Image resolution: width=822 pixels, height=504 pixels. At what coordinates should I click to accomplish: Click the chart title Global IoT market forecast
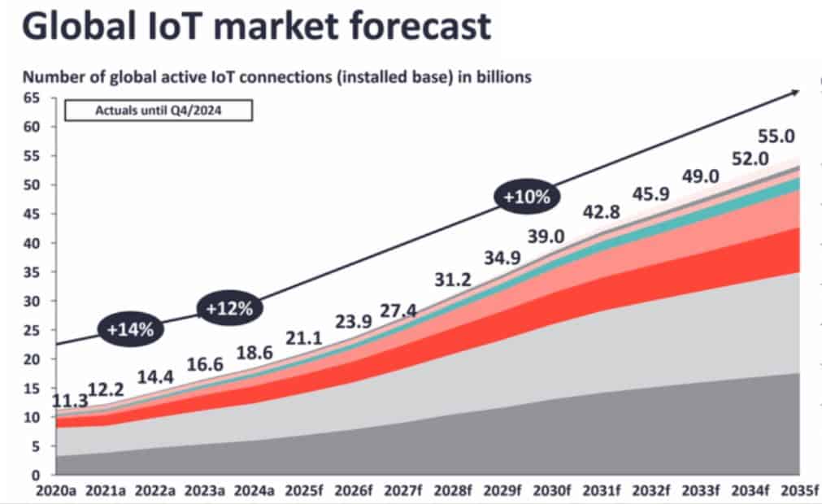[x=256, y=26]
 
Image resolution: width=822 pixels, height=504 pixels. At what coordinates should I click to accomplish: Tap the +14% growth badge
[x=131, y=328]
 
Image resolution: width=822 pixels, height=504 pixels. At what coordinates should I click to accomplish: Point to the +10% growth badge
[x=527, y=197]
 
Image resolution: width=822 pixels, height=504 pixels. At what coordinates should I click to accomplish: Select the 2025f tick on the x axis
[x=304, y=490]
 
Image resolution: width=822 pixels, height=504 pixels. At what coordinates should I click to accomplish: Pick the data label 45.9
[x=651, y=195]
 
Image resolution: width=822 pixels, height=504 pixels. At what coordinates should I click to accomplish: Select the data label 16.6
[x=205, y=365]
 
